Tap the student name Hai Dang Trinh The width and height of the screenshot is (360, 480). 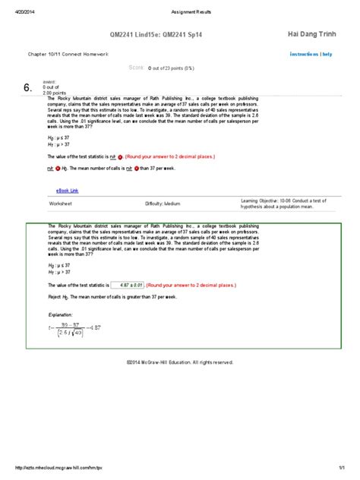313,33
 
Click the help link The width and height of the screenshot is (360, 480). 327,54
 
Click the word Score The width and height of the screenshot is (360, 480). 136,68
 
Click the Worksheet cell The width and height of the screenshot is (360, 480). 61,204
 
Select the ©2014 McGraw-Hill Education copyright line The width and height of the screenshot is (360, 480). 180,362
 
